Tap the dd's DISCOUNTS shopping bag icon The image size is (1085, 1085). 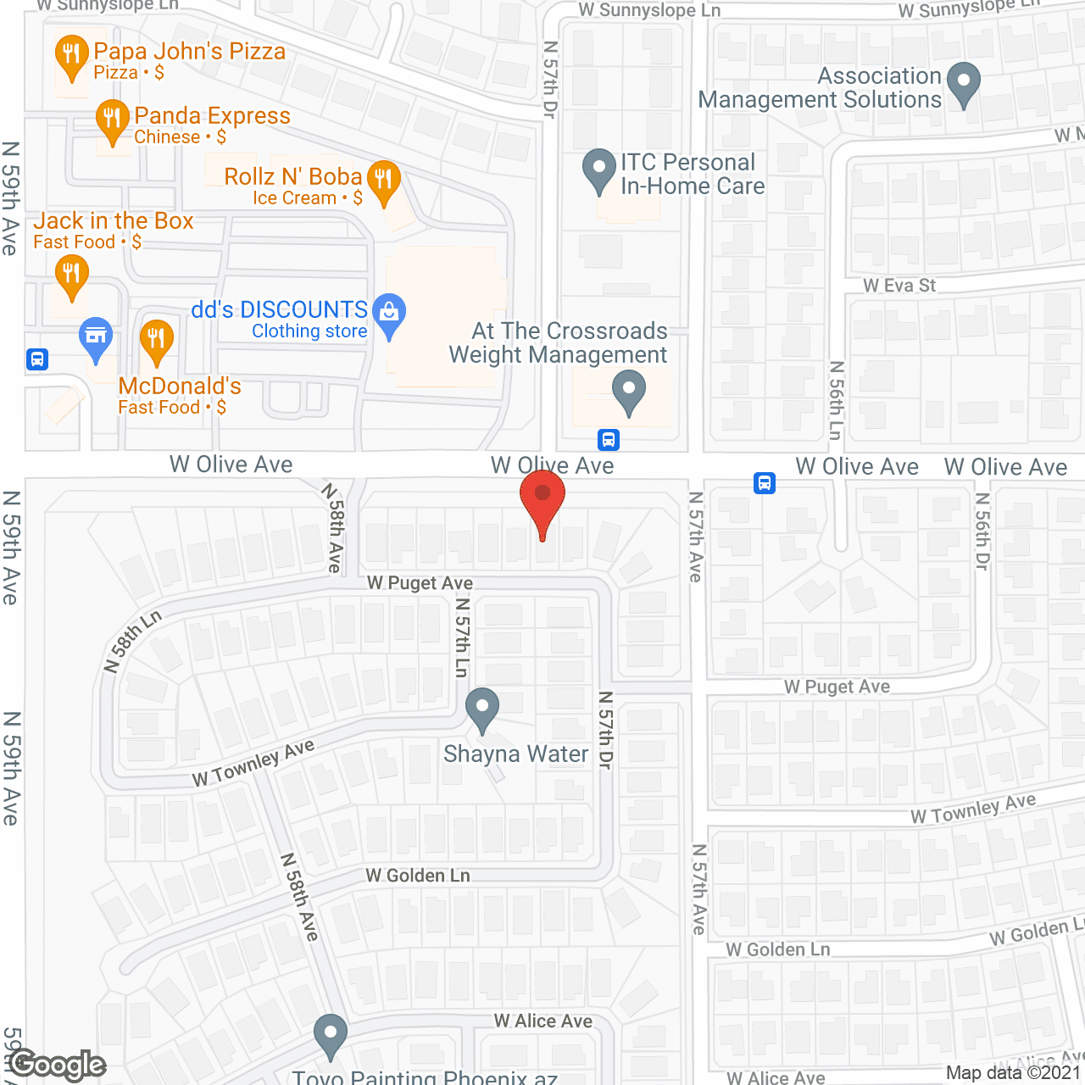389,314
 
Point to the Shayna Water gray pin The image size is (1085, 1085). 482,709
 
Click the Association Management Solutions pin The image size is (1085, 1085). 963,83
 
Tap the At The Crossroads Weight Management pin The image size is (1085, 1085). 629,392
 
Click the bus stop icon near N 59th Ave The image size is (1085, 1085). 37,359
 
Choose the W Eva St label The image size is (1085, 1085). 899,286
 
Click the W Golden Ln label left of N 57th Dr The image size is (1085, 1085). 417,876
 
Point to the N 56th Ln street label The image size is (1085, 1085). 837,400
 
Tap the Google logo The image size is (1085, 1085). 58,1065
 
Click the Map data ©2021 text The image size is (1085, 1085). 1013,1073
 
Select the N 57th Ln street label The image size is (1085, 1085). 462,637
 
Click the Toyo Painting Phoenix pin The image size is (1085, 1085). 330,1035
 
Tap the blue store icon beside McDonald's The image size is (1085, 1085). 96,337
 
